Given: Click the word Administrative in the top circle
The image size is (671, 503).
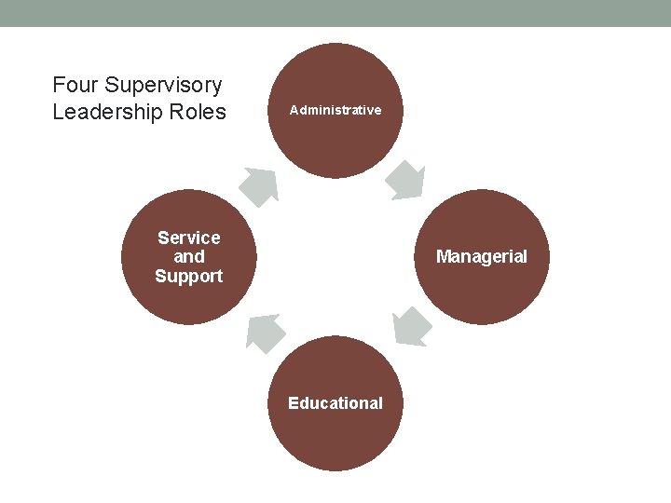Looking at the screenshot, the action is click(335, 110).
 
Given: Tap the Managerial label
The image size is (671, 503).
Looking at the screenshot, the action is click(482, 257).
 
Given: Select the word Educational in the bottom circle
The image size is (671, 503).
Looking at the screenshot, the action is click(335, 403).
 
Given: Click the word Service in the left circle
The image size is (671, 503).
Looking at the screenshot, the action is click(189, 238).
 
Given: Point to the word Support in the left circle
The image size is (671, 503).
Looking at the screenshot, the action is click(189, 277).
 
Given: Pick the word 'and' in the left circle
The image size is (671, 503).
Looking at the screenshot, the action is click(189, 257).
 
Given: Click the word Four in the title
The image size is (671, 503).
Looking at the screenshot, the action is click(75, 86).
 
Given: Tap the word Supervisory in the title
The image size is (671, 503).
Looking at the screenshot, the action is click(163, 86).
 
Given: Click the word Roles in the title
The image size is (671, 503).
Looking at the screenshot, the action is click(200, 113).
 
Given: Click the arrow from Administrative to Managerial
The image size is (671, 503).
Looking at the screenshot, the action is click(406, 181).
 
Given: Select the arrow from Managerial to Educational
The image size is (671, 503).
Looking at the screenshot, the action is click(411, 327).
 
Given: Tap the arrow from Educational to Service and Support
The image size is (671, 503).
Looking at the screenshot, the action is click(265, 333).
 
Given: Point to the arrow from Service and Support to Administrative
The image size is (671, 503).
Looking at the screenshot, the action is click(260, 185).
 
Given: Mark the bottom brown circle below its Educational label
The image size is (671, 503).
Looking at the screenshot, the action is click(335, 442).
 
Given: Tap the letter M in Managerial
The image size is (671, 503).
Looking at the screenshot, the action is click(443, 257).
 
